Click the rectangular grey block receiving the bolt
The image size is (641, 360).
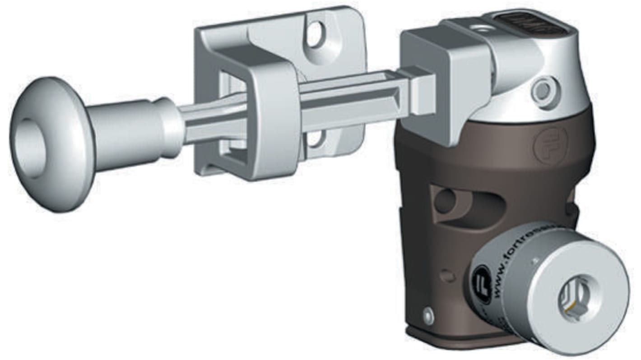(445, 77)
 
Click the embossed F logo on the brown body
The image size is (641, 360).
(549, 146)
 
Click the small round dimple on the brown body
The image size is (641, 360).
(447, 276)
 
